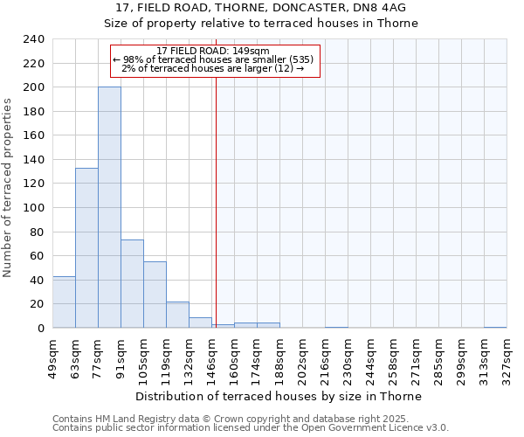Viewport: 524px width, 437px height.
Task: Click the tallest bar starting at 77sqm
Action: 109,207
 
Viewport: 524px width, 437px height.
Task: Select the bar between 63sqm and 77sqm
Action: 86,247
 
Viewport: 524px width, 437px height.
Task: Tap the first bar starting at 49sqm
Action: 64,302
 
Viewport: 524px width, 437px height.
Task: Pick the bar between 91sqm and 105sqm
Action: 132,283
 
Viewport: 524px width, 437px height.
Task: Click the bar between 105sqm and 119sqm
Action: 155,295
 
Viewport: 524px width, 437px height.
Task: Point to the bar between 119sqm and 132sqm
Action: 177,315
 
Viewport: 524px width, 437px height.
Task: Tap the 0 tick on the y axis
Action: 42,328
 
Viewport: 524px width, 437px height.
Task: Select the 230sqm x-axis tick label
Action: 348,358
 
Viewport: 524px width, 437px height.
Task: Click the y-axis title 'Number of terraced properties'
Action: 8,188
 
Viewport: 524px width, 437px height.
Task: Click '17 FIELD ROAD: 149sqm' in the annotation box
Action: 213,51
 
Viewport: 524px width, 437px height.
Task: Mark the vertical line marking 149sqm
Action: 216,201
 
